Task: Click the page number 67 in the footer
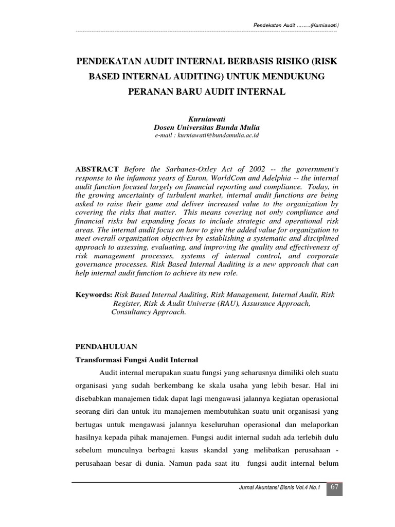[335, 487]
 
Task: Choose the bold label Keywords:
[94, 295]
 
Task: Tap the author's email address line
[206, 135]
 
